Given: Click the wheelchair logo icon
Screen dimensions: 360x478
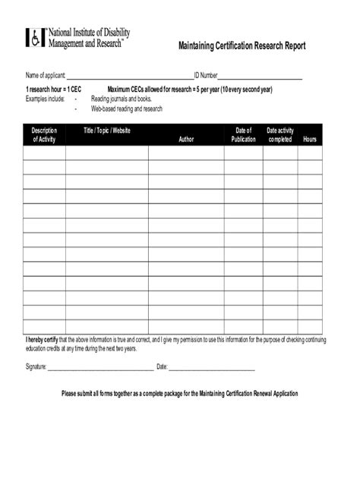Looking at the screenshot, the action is coord(35,38).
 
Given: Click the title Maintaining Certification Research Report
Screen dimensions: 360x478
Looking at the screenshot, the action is coord(242,46).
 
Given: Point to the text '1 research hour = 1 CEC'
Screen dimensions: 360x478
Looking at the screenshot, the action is coord(54,90).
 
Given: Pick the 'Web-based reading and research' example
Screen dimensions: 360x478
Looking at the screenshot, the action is coord(127,108).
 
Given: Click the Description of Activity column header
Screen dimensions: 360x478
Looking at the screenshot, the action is coord(44,135).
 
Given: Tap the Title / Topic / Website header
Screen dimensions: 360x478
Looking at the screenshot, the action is coord(107,131).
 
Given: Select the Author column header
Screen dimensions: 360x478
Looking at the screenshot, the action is coord(186,140).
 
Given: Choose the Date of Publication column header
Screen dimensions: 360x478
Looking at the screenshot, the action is coord(243,135).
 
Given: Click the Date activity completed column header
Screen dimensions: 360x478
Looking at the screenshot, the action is coord(280,135).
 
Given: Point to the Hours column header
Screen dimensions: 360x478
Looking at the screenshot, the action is coord(310,140).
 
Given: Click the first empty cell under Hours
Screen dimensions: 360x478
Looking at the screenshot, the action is coord(310,153).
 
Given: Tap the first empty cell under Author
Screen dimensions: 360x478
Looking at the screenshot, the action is coord(186,153).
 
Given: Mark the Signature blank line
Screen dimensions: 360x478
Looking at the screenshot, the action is coord(100,366).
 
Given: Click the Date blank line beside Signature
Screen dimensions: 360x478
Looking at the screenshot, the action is coord(212,366).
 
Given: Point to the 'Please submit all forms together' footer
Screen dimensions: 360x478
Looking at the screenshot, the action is coord(180,394).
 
